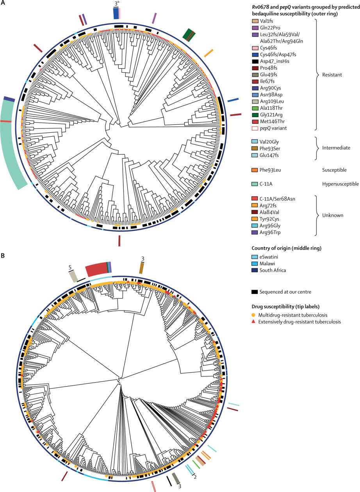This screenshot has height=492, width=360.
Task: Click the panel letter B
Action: [3, 256]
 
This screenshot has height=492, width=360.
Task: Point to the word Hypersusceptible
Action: [340, 183]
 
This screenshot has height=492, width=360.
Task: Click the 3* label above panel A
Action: [117, 4]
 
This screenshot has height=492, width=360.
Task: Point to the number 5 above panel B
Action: [70, 268]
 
